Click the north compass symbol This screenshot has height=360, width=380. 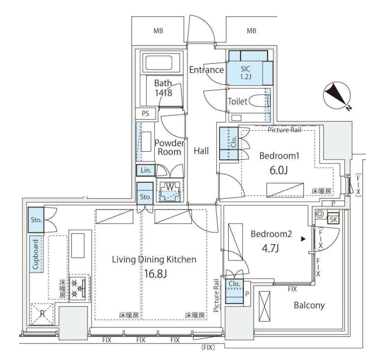[337, 96]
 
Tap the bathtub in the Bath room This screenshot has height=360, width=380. [159, 63]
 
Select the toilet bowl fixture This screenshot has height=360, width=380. [260, 101]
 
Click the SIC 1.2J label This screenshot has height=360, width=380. [246, 73]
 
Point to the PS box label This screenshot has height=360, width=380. [146, 113]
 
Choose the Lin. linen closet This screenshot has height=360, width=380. [146, 170]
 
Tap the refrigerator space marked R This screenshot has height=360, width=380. [42, 314]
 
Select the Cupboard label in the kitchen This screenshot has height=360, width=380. [36, 254]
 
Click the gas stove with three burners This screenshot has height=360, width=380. [77, 288]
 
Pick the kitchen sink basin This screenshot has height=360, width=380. [78, 245]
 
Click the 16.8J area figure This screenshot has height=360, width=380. [155, 274]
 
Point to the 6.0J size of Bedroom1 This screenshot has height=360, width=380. [279, 170]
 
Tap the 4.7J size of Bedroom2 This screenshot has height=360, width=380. [270, 249]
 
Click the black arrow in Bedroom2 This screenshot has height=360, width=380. [303, 239]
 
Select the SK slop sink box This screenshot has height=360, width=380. [333, 219]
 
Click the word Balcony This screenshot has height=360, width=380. [309, 305]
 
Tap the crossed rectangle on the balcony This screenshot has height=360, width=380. [264, 306]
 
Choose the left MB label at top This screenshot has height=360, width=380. [158, 31]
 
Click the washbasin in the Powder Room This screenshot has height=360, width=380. [146, 142]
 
